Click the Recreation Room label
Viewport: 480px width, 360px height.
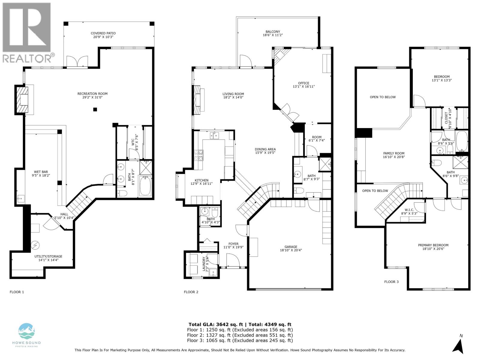[92, 94]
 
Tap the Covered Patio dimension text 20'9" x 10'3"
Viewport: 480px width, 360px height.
[103, 37]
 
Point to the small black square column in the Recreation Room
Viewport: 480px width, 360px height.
[95, 109]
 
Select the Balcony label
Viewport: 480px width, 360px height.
[273, 31]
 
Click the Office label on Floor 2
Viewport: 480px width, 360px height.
[304, 83]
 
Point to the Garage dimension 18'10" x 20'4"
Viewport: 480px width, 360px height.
[291, 250]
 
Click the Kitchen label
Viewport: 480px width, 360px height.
[201, 180]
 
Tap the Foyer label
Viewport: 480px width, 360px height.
[233, 244]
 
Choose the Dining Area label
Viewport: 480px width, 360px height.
[265, 149]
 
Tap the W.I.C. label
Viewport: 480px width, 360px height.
[409, 210]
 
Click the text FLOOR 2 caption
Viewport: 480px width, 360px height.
[191, 292]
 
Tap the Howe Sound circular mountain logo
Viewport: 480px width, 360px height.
[27, 331]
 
